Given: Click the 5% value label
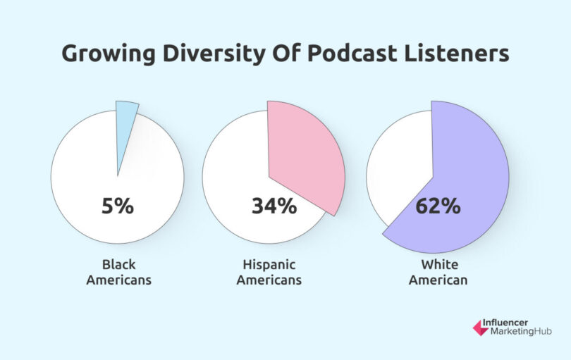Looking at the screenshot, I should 117,206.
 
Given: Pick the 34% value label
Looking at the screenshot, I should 274,206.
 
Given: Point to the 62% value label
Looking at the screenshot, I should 437,206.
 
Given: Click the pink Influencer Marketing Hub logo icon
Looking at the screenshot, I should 480,327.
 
